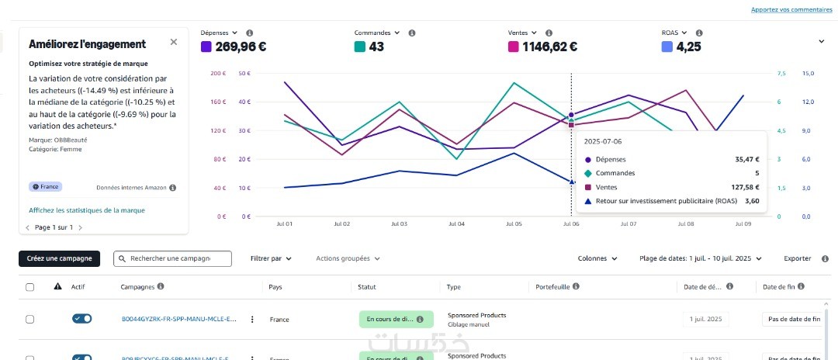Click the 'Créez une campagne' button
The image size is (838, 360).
pyautogui.click(x=60, y=258)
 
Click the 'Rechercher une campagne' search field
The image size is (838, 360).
pyautogui.click(x=173, y=258)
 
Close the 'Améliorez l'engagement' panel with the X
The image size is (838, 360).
pyautogui.click(x=173, y=42)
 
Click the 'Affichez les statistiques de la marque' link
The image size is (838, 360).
pyautogui.click(x=86, y=210)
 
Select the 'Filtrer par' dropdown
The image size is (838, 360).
pyautogui.click(x=272, y=258)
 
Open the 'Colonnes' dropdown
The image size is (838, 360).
pyautogui.click(x=597, y=258)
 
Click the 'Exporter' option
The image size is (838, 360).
pyautogui.click(x=797, y=258)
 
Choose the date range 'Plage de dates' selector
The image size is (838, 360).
pyautogui.click(x=700, y=258)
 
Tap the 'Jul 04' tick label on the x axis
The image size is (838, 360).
pyautogui.click(x=456, y=223)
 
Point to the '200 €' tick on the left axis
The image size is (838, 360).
pyautogui.click(x=218, y=73)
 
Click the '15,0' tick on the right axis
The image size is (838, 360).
pyautogui.click(x=807, y=73)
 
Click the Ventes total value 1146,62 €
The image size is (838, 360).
pyautogui.click(x=549, y=47)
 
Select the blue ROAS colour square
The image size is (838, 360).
pyautogui.click(x=667, y=47)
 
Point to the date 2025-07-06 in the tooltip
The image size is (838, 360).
pyautogui.click(x=603, y=142)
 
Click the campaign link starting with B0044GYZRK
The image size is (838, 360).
pyautogui.click(x=179, y=319)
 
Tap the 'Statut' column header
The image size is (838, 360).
pyautogui.click(x=366, y=287)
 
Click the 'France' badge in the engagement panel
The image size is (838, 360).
pyautogui.click(x=45, y=187)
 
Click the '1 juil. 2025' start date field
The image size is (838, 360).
pyautogui.click(x=705, y=319)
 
